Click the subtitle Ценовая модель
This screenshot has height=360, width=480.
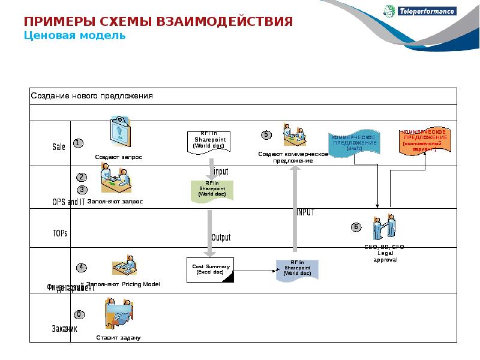(74, 35)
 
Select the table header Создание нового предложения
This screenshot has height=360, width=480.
(92, 96)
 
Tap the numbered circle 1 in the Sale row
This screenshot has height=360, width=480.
(78, 143)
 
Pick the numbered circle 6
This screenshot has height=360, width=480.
(356, 227)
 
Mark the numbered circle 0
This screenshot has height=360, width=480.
(79, 314)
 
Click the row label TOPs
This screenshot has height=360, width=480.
(59, 233)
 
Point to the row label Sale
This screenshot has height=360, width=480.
(59, 147)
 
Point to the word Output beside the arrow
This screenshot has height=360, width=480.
(221, 238)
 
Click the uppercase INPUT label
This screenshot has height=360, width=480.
(305, 212)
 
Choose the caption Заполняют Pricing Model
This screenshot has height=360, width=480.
(123, 284)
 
